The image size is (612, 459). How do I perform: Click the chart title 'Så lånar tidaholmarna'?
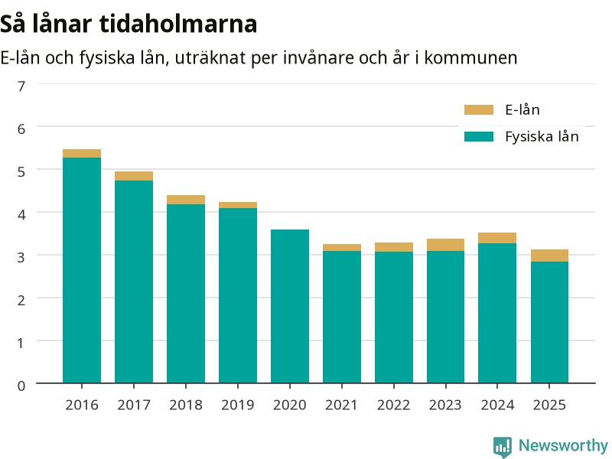(129, 24)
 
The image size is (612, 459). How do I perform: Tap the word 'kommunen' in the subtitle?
(470, 58)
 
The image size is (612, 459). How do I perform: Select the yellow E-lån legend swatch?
(479, 109)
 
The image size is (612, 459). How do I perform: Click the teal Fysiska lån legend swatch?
(479, 137)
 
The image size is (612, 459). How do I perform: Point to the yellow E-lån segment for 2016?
(82, 154)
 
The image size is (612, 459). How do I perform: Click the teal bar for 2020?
(290, 307)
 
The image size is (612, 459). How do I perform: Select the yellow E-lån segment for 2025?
(549, 256)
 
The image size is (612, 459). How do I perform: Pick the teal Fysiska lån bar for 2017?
(134, 282)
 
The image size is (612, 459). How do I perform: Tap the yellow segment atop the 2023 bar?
(445, 245)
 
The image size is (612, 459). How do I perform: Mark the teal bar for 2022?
(394, 317)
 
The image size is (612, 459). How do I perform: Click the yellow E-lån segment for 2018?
(186, 200)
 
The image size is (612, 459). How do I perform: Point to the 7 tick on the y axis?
(21, 86)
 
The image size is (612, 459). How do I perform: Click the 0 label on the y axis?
(21, 386)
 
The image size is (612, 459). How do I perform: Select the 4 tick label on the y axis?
(21, 214)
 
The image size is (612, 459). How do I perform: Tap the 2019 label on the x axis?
(238, 405)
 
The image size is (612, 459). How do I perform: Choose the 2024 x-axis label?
(497, 405)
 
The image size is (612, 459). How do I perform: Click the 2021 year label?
(341, 405)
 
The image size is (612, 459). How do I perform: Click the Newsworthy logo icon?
(503, 447)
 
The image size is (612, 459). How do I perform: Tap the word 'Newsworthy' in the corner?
(563, 445)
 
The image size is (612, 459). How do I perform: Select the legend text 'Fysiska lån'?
(542, 137)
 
